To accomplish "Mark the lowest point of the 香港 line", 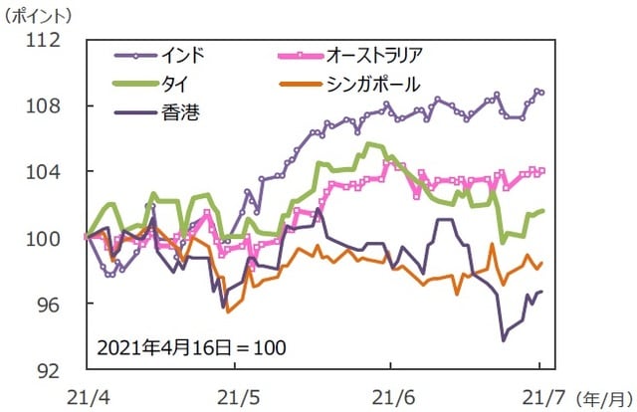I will tap(504, 339).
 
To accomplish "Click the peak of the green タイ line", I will tap(370, 144).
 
